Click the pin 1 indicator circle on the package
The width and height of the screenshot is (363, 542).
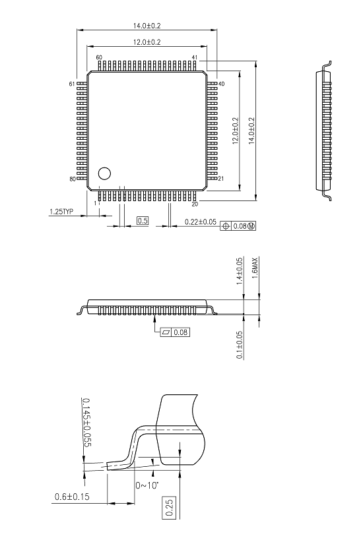(104, 173)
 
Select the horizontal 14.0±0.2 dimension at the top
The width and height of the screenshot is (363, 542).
(147, 26)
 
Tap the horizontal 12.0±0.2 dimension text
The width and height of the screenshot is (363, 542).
(147, 42)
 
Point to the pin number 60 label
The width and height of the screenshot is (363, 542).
(99, 57)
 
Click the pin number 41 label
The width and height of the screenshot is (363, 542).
(195, 57)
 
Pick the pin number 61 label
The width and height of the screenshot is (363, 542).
(72, 84)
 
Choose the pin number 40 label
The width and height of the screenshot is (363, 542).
(222, 84)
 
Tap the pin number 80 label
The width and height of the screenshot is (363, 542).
(73, 179)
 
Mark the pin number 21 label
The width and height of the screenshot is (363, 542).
(221, 179)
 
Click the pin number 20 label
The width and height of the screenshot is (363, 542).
(195, 204)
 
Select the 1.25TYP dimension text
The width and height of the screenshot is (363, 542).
(61, 212)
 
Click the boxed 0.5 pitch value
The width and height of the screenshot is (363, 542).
(143, 220)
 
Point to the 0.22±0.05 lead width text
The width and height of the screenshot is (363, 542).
(201, 222)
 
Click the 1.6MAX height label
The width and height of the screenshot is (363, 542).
(255, 268)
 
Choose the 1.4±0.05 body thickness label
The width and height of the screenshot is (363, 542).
(240, 272)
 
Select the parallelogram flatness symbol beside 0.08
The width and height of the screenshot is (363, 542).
(166, 332)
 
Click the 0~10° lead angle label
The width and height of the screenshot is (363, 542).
(147, 485)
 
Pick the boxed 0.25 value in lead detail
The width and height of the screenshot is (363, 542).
(168, 508)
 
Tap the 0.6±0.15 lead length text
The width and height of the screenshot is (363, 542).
(72, 497)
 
